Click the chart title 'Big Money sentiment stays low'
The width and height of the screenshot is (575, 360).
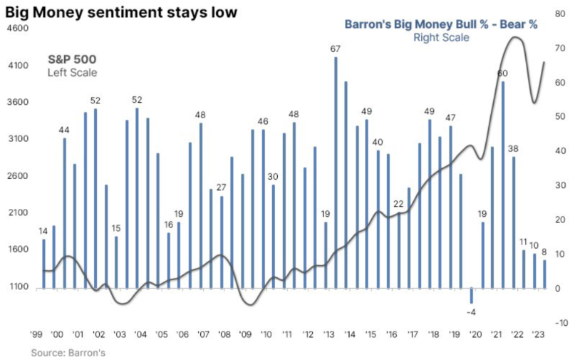pyautogui.click(x=119, y=12)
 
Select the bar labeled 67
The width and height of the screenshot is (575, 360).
pyautogui.click(x=336, y=171)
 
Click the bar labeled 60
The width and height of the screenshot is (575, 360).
pyautogui.click(x=503, y=185)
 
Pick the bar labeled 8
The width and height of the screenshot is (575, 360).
pyautogui.click(x=544, y=274)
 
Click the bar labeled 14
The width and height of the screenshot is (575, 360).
pyautogui.click(x=43, y=264)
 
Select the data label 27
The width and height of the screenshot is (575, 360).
pyautogui.click(x=222, y=187)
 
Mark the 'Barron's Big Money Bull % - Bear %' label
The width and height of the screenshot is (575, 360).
pyautogui.click(x=441, y=24)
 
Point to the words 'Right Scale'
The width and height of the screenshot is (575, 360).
pyautogui.click(x=441, y=37)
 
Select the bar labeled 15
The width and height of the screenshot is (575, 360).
pyautogui.click(x=116, y=262)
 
